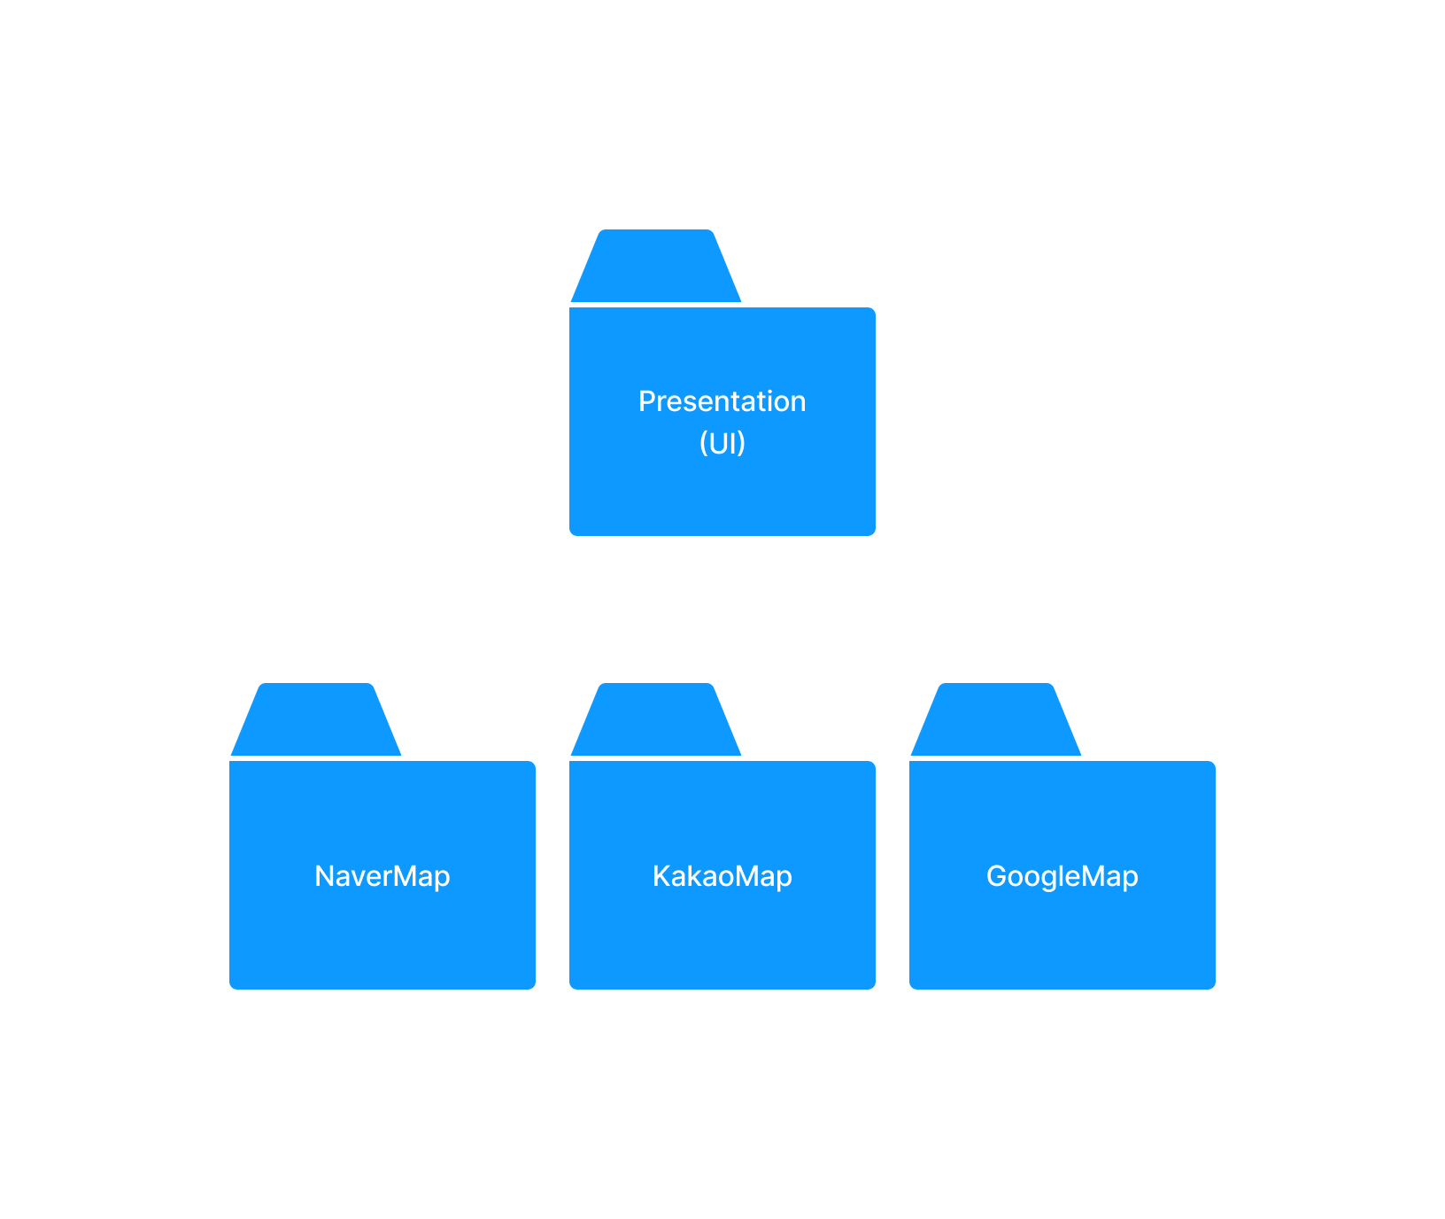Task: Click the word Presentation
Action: click(722, 401)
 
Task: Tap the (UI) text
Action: click(722, 442)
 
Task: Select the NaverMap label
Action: click(382, 876)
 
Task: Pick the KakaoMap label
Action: click(722, 876)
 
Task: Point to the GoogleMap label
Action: click(1062, 876)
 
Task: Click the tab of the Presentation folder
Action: click(656, 267)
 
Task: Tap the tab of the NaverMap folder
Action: click(316, 720)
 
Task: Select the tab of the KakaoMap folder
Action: click(656, 720)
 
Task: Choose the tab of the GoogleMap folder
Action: click(996, 720)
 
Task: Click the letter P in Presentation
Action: click(646, 401)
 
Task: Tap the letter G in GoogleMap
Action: click(996, 875)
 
